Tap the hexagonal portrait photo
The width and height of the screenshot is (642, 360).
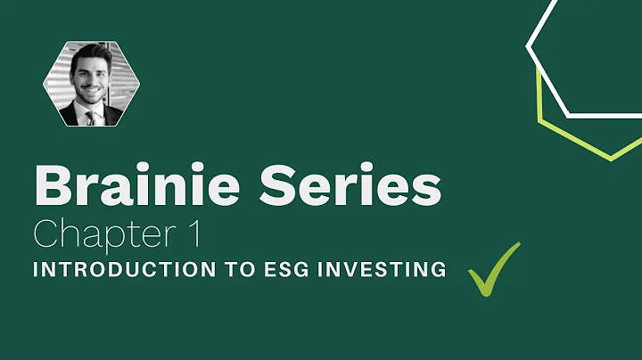[x=93, y=84]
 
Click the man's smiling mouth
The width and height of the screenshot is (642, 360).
[x=91, y=92]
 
